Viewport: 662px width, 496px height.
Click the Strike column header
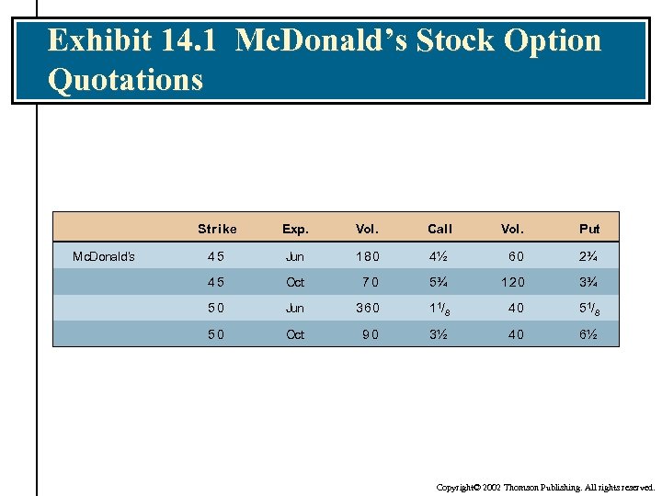point(217,229)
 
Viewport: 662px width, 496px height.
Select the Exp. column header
point(295,229)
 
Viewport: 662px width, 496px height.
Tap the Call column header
point(439,229)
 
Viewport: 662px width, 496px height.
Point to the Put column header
point(589,229)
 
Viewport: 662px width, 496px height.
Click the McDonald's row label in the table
point(104,256)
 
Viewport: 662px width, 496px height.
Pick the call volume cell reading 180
point(367,256)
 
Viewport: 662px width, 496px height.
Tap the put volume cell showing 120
point(512,282)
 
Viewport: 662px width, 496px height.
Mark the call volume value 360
point(367,309)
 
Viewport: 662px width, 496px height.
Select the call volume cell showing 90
point(371,334)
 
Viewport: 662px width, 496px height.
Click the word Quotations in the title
point(125,79)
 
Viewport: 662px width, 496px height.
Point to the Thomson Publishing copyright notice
point(545,487)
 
